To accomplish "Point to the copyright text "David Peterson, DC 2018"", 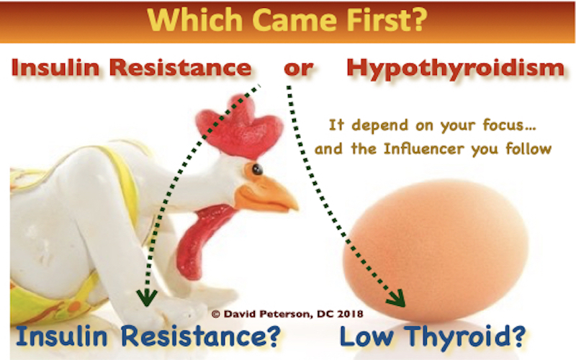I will point(291,314).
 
